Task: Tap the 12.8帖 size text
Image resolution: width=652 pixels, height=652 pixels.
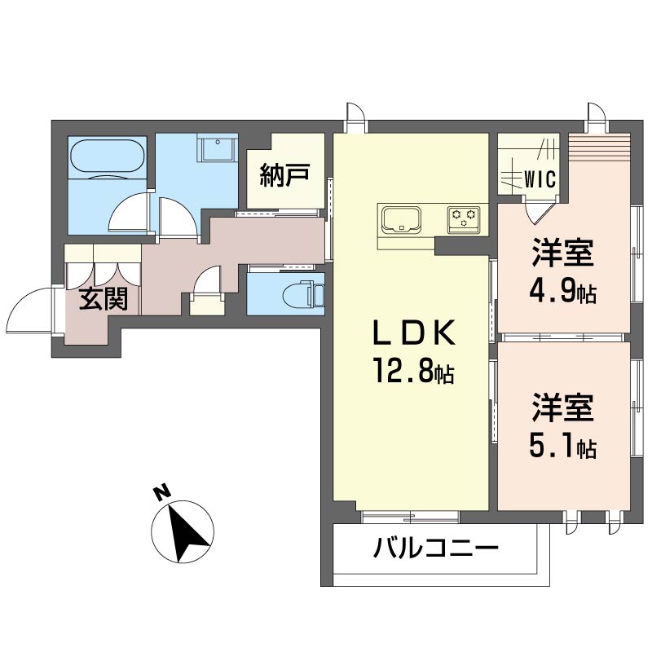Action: tap(413, 371)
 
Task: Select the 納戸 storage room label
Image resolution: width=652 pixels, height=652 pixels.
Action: tap(284, 175)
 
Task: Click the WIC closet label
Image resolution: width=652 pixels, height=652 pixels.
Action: tap(540, 179)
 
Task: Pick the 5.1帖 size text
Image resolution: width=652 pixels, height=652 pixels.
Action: tap(563, 445)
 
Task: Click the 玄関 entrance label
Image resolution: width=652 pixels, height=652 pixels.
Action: tap(104, 298)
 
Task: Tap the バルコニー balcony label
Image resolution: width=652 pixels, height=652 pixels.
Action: tap(435, 547)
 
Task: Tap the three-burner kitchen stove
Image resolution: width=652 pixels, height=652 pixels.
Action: tap(464, 218)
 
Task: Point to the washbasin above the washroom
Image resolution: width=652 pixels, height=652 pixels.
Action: tap(218, 147)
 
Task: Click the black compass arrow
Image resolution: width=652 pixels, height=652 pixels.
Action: tap(186, 532)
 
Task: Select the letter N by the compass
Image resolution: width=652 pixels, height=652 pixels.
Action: tap(162, 491)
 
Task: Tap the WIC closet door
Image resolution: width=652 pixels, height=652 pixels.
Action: tap(539, 210)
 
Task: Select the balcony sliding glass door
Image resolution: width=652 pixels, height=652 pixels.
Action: tap(410, 517)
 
